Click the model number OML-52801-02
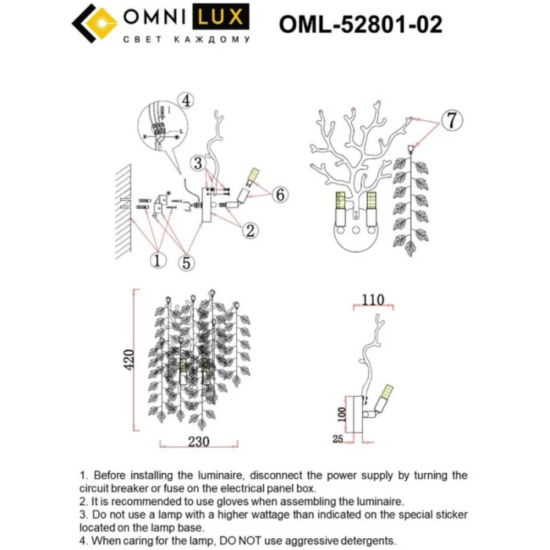point(360,25)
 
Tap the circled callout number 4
point(185,100)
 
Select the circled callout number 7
point(449,120)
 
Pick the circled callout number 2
point(249,231)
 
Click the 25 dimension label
point(338,440)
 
